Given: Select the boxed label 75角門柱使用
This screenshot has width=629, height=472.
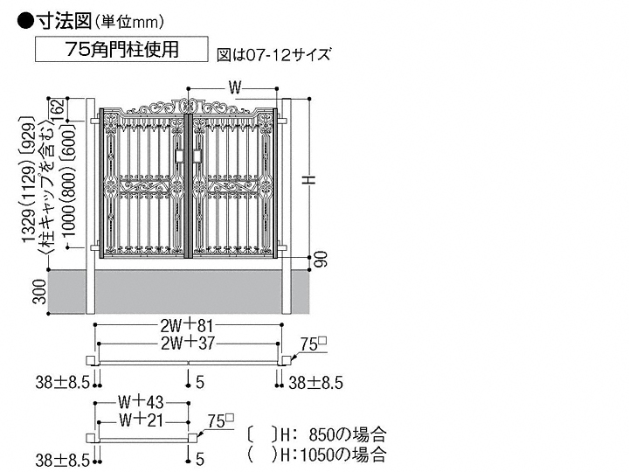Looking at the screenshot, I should pyautogui.click(x=121, y=50).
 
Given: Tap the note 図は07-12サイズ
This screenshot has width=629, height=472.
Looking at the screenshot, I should pyautogui.click(x=273, y=54).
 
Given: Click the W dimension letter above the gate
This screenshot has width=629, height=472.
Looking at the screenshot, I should pyautogui.click(x=234, y=87).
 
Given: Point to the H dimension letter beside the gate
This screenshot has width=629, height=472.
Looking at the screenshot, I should pyautogui.click(x=308, y=179).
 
